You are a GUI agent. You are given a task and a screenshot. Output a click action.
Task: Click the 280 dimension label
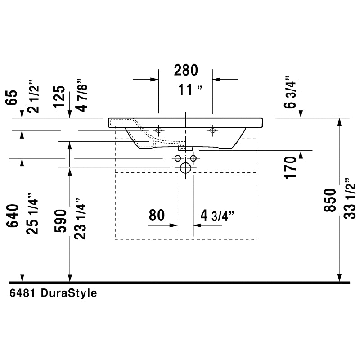tap(186, 70)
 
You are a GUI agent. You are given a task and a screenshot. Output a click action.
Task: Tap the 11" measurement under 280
tap(190, 90)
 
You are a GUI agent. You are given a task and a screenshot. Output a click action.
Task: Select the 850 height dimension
tap(330, 200)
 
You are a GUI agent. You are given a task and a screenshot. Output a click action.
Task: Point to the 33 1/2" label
tap(350, 198)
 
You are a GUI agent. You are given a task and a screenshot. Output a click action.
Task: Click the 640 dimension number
tap(13, 216)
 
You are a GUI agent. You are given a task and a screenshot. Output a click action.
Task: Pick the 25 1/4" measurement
tap(32, 214)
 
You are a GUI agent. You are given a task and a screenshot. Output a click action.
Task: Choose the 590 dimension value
tap(60, 221)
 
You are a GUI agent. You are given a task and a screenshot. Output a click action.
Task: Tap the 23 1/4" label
tap(80, 219)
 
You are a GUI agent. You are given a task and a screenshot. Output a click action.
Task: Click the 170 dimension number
tap(290, 167)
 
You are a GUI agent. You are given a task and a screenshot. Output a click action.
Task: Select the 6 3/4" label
tap(290, 92)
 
